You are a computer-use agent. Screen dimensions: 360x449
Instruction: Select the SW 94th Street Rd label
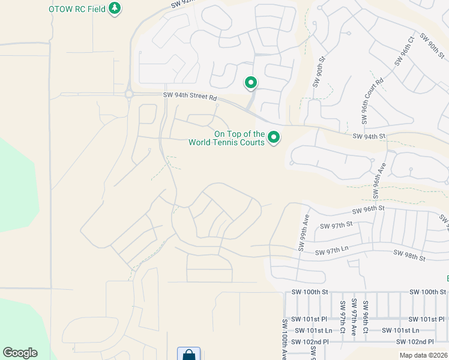(x=190, y=96)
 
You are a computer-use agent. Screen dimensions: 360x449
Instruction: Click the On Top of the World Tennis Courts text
(x=226, y=139)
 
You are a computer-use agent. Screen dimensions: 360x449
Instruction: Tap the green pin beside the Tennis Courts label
(x=274, y=139)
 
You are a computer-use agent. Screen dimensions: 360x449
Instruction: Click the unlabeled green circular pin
(x=251, y=83)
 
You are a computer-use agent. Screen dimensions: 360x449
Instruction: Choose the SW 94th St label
(x=369, y=137)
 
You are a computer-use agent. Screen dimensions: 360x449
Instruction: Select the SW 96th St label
(x=368, y=210)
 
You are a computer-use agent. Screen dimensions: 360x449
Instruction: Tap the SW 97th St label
(x=336, y=226)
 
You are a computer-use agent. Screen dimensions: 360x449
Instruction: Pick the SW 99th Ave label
(x=304, y=234)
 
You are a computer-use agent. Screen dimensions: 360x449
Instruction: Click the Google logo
(x=20, y=353)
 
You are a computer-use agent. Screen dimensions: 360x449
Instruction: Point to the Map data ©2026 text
(x=423, y=355)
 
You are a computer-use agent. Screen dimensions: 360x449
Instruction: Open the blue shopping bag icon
(x=188, y=354)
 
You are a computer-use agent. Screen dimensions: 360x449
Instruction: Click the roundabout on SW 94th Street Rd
(x=128, y=94)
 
